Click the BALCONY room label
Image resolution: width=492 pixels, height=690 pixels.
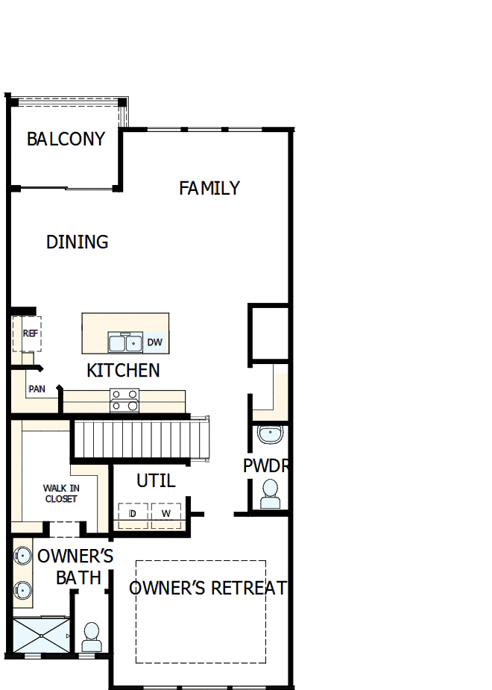(x=66, y=139)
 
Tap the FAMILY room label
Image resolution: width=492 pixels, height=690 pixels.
(x=209, y=188)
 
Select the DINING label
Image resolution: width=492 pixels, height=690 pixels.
(x=77, y=242)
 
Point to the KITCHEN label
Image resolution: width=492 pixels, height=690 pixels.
(x=123, y=370)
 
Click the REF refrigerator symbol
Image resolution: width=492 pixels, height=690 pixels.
(x=29, y=333)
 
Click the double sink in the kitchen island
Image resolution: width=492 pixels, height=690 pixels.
(x=125, y=343)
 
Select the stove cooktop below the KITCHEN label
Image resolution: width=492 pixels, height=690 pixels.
(x=124, y=401)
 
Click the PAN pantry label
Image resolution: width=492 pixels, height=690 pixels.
(x=37, y=389)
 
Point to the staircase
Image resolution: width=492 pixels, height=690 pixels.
(x=142, y=439)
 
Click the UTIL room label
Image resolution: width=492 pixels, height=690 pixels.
(x=156, y=480)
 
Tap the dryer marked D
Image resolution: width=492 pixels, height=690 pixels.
(x=133, y=515)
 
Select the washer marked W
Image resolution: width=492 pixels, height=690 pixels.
(x=166, y=515)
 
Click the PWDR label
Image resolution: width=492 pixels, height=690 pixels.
(x=266, y=466)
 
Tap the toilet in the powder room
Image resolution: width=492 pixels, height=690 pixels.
(x=270, y=494)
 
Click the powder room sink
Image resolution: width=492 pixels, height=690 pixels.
(x=270, y=433)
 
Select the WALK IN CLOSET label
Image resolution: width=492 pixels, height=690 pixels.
(x=61, y=494)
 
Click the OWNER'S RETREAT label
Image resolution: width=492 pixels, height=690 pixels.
(x=208, y=588)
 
